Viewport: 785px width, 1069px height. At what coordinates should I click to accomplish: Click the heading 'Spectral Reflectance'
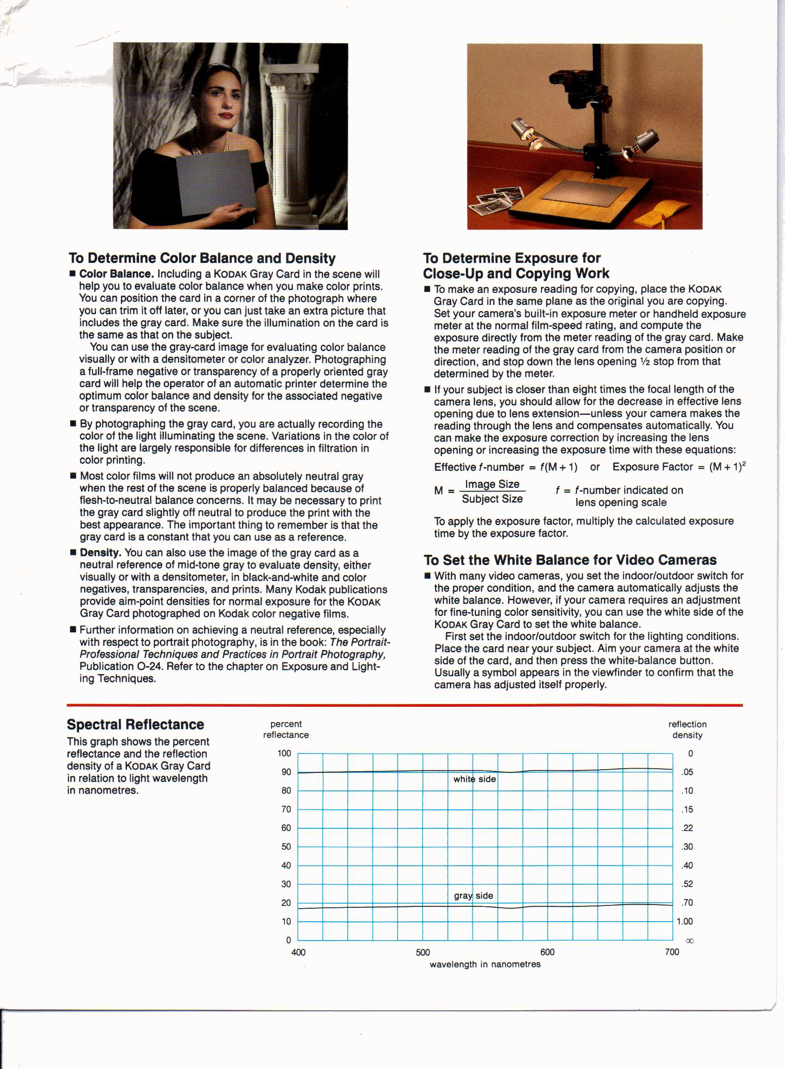click(135, 724)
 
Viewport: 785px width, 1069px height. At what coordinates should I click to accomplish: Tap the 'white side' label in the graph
click(474, 779)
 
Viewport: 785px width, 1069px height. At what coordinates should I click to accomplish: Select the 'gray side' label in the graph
click(473, 895)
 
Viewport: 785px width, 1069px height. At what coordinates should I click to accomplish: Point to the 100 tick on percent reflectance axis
click(284, 753)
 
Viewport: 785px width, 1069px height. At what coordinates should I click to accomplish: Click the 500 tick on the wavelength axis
click(423, 952)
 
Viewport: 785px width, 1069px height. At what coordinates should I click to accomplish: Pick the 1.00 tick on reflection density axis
click(684, 921)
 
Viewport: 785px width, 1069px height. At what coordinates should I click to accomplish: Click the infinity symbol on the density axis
click(690, 941)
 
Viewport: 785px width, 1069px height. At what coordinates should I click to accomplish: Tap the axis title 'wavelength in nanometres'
click(485, 964)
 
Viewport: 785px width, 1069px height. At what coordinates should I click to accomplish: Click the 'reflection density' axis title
click(687, 729)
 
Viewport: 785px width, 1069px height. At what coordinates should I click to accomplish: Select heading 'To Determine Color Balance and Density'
click(202, 258)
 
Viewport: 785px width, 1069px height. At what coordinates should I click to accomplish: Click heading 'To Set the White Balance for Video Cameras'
click(570, 560)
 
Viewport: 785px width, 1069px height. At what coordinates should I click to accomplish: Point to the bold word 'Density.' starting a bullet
click(100, 553)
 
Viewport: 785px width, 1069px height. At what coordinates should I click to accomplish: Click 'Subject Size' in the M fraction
click(492, 499)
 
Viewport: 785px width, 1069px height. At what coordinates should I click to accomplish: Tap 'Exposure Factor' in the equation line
click(652, 467)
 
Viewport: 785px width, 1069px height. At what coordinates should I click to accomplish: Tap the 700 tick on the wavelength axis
click(672, 952)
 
